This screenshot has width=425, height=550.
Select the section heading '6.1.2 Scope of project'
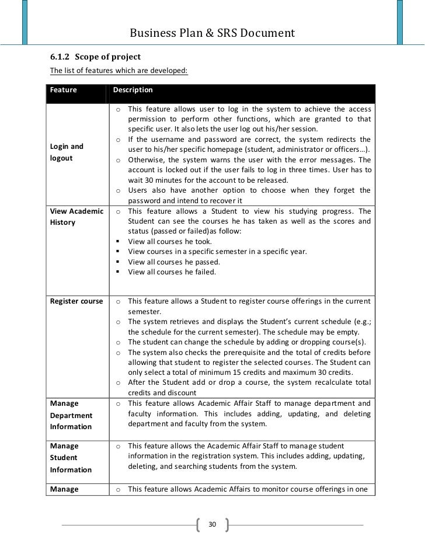95,57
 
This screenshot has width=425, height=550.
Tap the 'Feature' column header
60,90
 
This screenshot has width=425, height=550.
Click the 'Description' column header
133,90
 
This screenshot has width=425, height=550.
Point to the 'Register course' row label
76,301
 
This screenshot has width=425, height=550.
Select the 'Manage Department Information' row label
71,415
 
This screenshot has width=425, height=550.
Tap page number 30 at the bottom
212,524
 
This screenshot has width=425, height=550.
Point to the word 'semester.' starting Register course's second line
144,312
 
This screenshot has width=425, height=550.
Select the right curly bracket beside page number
226,524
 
